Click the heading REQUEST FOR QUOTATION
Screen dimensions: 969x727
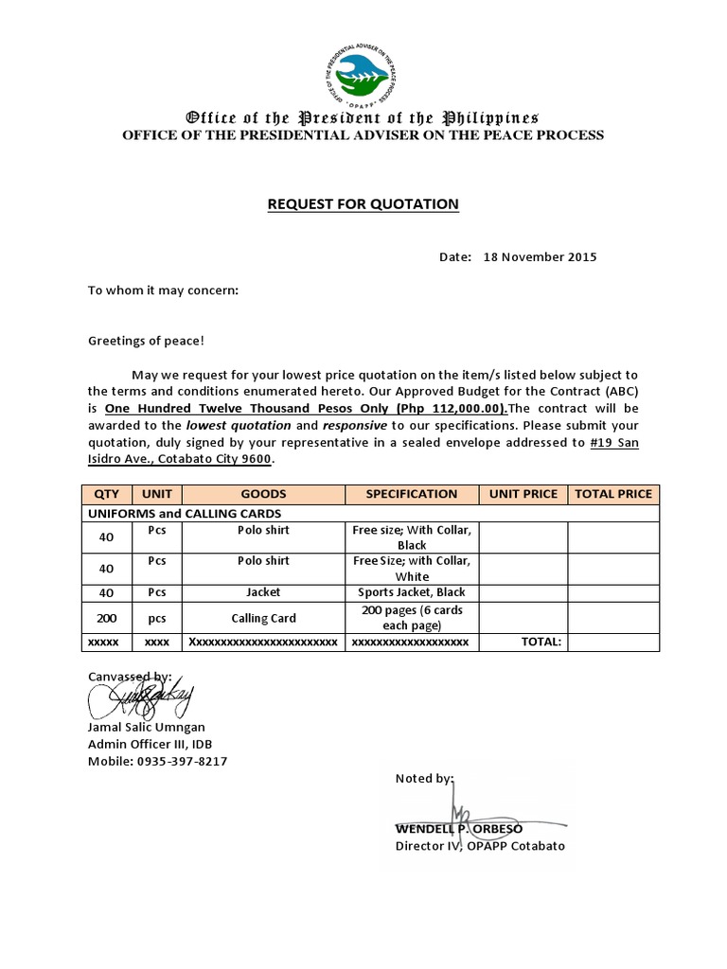click(x=363, y=203)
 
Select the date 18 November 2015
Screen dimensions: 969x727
click(x=540, y=256)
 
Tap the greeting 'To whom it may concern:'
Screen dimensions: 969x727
click(x=164, y=290)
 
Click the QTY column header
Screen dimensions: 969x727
click(x=106, y=494)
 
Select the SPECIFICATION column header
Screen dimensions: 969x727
click(x=411, y=494)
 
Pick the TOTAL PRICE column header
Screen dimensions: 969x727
click(x=613, y=494)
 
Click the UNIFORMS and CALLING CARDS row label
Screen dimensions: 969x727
click(x=184, y=513)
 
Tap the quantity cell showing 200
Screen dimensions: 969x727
click(x=106, y=618)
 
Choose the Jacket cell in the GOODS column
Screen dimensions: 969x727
click(x=263, y=591)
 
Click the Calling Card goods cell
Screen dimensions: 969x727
click(x=263, y=618)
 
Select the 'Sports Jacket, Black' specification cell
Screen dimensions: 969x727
click(x=411, y=591)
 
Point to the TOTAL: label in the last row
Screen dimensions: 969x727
click(x=541, y=642)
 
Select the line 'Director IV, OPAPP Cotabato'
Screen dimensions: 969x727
click(x=479, y=846)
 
